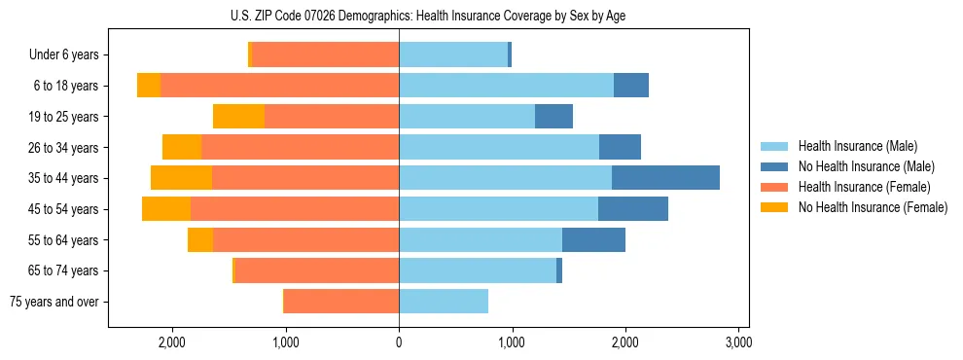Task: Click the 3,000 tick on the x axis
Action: coord(738,342)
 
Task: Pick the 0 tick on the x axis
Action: coord(399,342)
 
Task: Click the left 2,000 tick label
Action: coord(172,342)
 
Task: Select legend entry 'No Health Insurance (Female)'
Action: coord(873,207)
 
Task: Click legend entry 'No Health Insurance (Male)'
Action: coord(866,166)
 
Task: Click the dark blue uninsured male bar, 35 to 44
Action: coord(665,178)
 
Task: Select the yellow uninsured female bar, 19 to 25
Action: coord(238,117)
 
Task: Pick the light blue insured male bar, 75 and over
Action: coord(444,302)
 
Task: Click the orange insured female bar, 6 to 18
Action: coord(279,86)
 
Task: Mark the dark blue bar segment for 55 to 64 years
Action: coord(593,239)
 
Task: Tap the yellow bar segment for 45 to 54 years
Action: coord(166,209)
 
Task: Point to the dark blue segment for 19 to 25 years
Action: coord(553,117)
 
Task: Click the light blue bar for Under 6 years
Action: coord(453,55)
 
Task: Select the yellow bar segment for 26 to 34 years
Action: coord(182,147)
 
